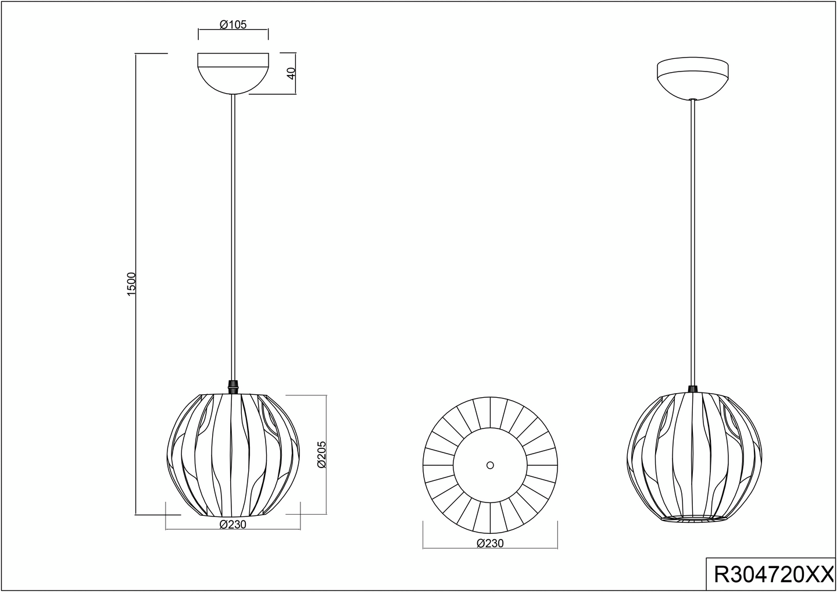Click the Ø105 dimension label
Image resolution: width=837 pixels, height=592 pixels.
tap(233, 24)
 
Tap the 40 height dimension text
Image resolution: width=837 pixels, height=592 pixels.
tap(291, 73)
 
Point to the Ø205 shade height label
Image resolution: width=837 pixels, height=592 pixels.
tap(321, 454)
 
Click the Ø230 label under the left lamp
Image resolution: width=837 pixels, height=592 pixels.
tap(233, 524)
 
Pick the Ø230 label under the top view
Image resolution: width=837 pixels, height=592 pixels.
tap(490, 543)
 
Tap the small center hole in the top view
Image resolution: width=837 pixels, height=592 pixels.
tap(490, 465)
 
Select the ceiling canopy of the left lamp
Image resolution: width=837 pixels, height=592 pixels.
tap(233, 72)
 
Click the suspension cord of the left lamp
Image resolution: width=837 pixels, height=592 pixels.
tap(233, 233)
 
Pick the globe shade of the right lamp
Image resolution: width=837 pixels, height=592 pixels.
tap(693, 457)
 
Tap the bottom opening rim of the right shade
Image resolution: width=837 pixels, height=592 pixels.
tap(695, 519)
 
